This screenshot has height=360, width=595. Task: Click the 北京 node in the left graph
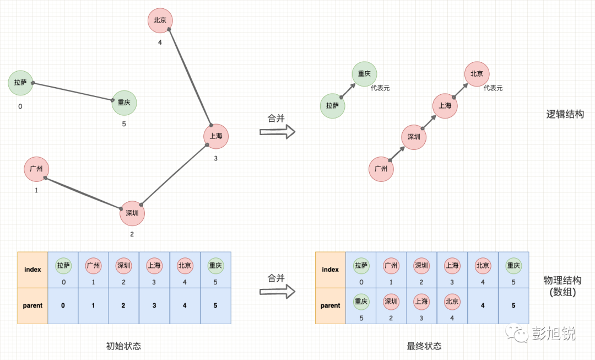(160, 20)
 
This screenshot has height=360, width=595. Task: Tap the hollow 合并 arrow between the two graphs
(278, 131)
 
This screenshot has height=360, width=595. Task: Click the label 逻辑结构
(565, 115)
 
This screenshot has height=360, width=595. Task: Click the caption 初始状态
(123, 346)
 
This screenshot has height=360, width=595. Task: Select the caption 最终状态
(424, 346)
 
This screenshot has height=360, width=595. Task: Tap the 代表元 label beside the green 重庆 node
(380, 88)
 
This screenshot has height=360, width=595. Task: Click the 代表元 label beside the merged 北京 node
(493, 88)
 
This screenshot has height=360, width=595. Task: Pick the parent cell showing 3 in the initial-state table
(154, 305)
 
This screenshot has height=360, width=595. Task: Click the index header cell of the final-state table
(331, 270)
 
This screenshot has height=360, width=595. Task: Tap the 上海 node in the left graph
(215, 136)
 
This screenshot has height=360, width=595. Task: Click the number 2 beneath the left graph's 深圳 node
(132, 234)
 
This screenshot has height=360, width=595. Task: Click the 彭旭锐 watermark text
(553, 334)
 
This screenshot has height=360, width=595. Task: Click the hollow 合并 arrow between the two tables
(278, 292)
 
